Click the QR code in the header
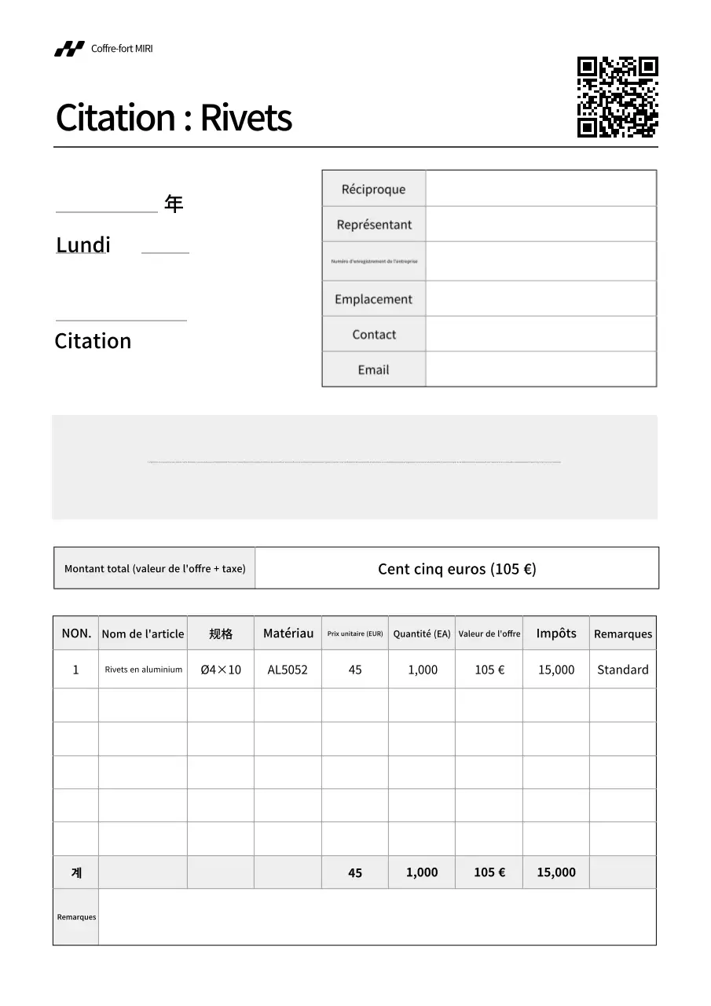[618, 97]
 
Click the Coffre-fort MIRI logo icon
[69, 49]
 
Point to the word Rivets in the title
[246, 118]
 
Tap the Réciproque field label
[373, 189]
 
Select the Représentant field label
[374, 225]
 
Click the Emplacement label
[373, 299]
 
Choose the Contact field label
[374, 335]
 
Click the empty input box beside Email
[541, 369]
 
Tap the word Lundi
[83, 245]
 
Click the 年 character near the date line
[174, 204]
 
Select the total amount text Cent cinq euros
[456, 569]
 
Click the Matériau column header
[288, 633]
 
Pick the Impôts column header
[556, 633]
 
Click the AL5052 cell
[288, 670]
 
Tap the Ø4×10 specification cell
[221, 670]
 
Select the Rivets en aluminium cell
[143, 670]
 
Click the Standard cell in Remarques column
[622, 670]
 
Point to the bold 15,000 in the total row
[556, 872]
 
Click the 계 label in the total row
[76, 872]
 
